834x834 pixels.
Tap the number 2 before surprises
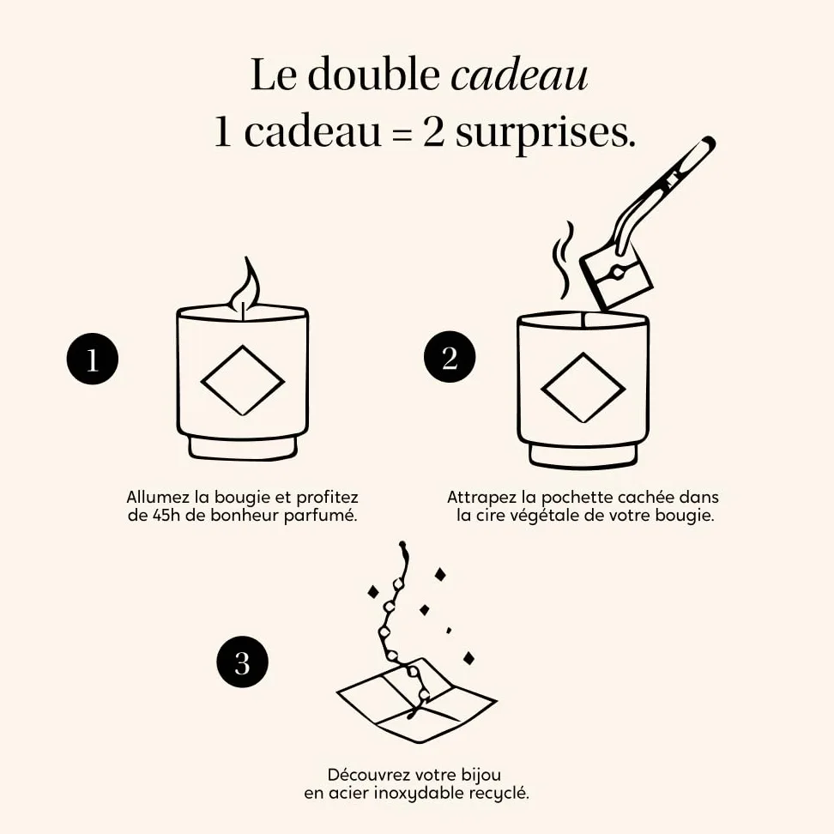tap(433, 132)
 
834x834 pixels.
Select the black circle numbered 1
tap(93, 359)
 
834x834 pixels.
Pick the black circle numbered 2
tap(450, 357)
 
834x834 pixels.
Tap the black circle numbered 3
tap(242, 662)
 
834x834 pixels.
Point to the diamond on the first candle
tap(243, 380)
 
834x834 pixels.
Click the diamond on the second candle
tap(583, 388)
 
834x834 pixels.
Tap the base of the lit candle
tap(243, 447)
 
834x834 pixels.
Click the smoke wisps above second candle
tap(563, 260)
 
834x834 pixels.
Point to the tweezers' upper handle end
tap(708, 142)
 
